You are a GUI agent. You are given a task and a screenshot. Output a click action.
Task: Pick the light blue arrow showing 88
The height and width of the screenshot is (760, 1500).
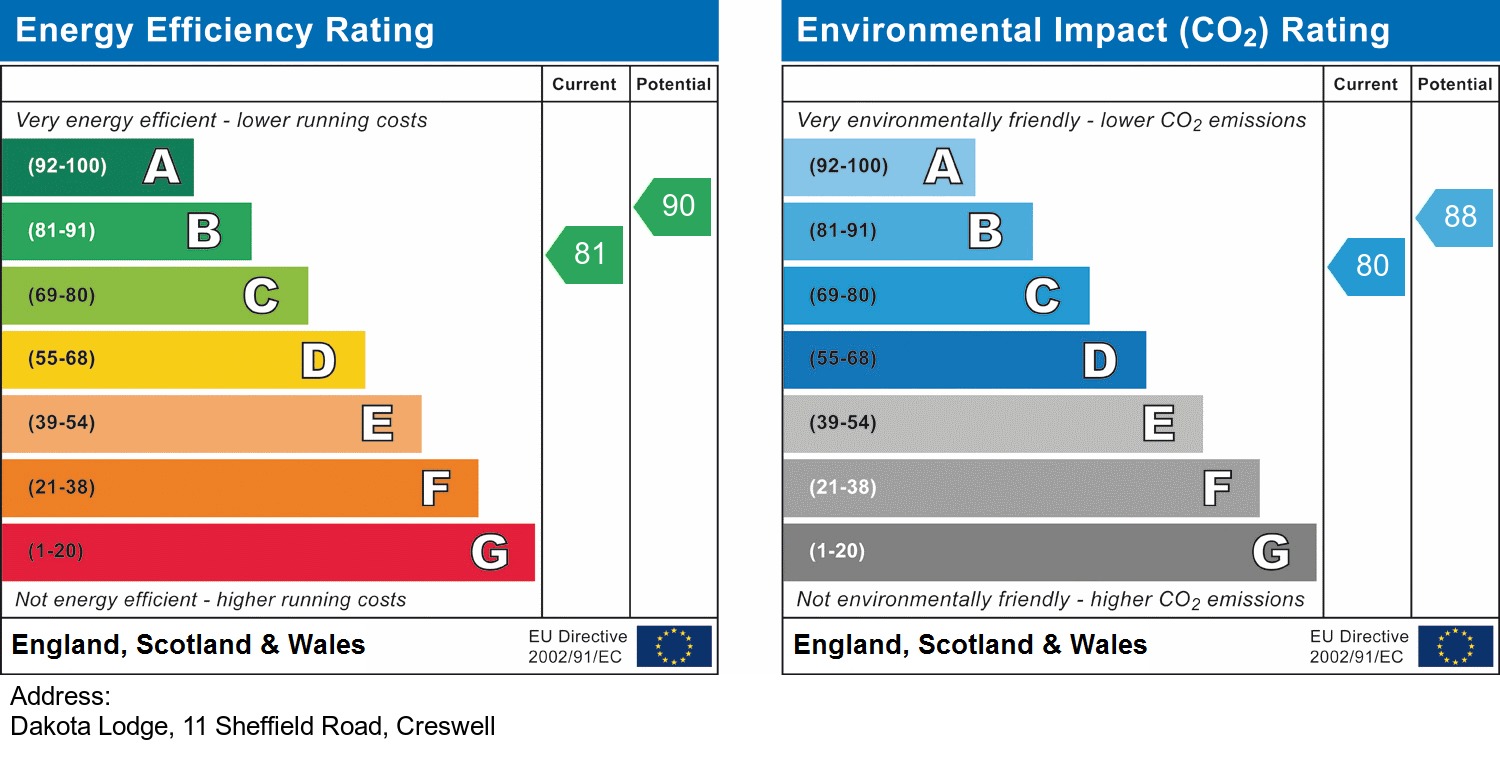(1457, 217)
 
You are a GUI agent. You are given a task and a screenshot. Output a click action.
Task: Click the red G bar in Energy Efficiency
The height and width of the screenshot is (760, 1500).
(268, 552)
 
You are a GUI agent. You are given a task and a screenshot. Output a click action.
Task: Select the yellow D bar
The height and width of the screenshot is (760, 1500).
(183, 360)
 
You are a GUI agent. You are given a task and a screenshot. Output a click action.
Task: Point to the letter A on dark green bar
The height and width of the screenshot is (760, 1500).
(162, 167)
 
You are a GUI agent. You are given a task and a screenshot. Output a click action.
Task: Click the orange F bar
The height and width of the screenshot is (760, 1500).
(240, 488)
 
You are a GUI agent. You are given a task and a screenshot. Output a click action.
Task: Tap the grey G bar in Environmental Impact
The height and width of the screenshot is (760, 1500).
(1049, 552)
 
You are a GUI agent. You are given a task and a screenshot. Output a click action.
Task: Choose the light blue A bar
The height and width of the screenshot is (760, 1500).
(878, 167)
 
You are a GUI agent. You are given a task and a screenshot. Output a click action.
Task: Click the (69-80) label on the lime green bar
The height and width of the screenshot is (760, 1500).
(62, 296)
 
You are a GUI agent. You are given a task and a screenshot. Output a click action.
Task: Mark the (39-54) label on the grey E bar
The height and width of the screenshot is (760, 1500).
(843, 423)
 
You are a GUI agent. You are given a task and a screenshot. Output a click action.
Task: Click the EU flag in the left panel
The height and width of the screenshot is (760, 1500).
(674, 646)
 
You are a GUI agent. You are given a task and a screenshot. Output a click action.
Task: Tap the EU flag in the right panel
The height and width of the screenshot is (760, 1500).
(1455, 646)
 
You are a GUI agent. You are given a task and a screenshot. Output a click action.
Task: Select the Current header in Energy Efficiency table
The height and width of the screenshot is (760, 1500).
(584, 85)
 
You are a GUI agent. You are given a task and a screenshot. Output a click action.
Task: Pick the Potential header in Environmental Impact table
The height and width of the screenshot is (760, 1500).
(1454, 85)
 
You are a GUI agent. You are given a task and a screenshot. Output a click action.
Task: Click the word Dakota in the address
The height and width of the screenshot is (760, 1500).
(46, 726)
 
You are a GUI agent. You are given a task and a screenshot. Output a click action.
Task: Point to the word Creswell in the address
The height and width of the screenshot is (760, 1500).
(446, 726)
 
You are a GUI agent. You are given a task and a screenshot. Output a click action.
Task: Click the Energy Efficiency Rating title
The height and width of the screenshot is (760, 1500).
(225, 31)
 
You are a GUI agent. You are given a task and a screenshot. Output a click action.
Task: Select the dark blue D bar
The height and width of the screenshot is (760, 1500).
(964, 360)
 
